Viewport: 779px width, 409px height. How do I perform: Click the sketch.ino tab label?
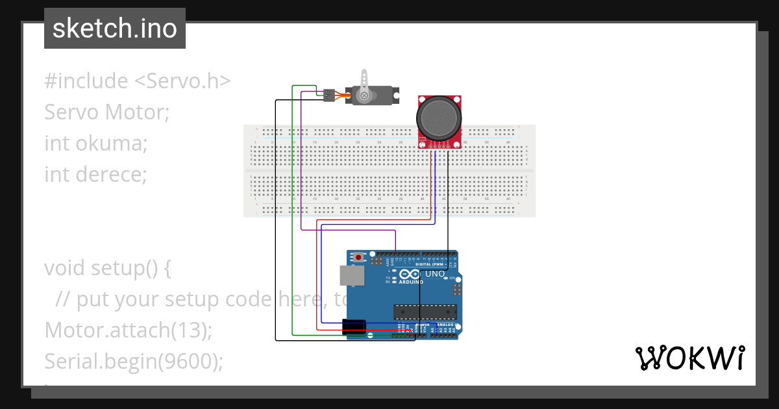[114, 29]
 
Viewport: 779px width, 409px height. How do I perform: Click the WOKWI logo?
[689, 358]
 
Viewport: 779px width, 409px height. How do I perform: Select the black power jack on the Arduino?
[354, 327]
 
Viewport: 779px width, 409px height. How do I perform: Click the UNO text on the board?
[435, 275]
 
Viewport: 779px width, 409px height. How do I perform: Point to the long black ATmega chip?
[425, 312]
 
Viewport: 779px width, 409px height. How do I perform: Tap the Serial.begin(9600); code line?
[133, 361]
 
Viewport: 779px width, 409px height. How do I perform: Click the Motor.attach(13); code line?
[128, 330]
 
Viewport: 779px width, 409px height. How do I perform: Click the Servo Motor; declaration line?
[106, 112]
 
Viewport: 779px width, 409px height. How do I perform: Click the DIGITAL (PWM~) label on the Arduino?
[429, 264]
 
